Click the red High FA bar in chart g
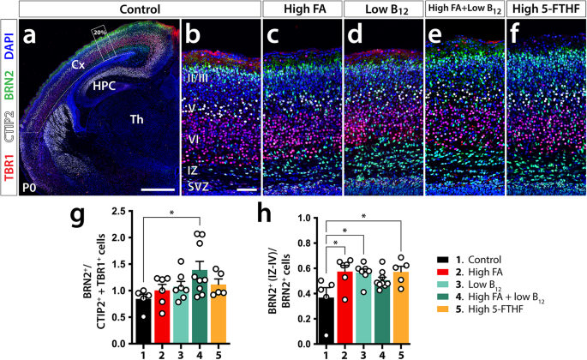tap(162, 317)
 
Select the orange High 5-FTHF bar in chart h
tap(401, 308)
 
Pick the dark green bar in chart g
tap(199, 307)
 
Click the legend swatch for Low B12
tap(445, 285)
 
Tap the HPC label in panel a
tap(104, 86)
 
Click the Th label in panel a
tap(136, 119)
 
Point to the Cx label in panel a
tap(78, 65)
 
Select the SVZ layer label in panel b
tap(198, 186)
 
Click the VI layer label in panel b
tap(194, 140)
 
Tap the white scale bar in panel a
tap(158, 189)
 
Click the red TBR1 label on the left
tap(9, 172)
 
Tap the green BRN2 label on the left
tap(9, 85)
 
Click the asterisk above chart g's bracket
tap(172, 213)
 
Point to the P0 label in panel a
tap(29, 188)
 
